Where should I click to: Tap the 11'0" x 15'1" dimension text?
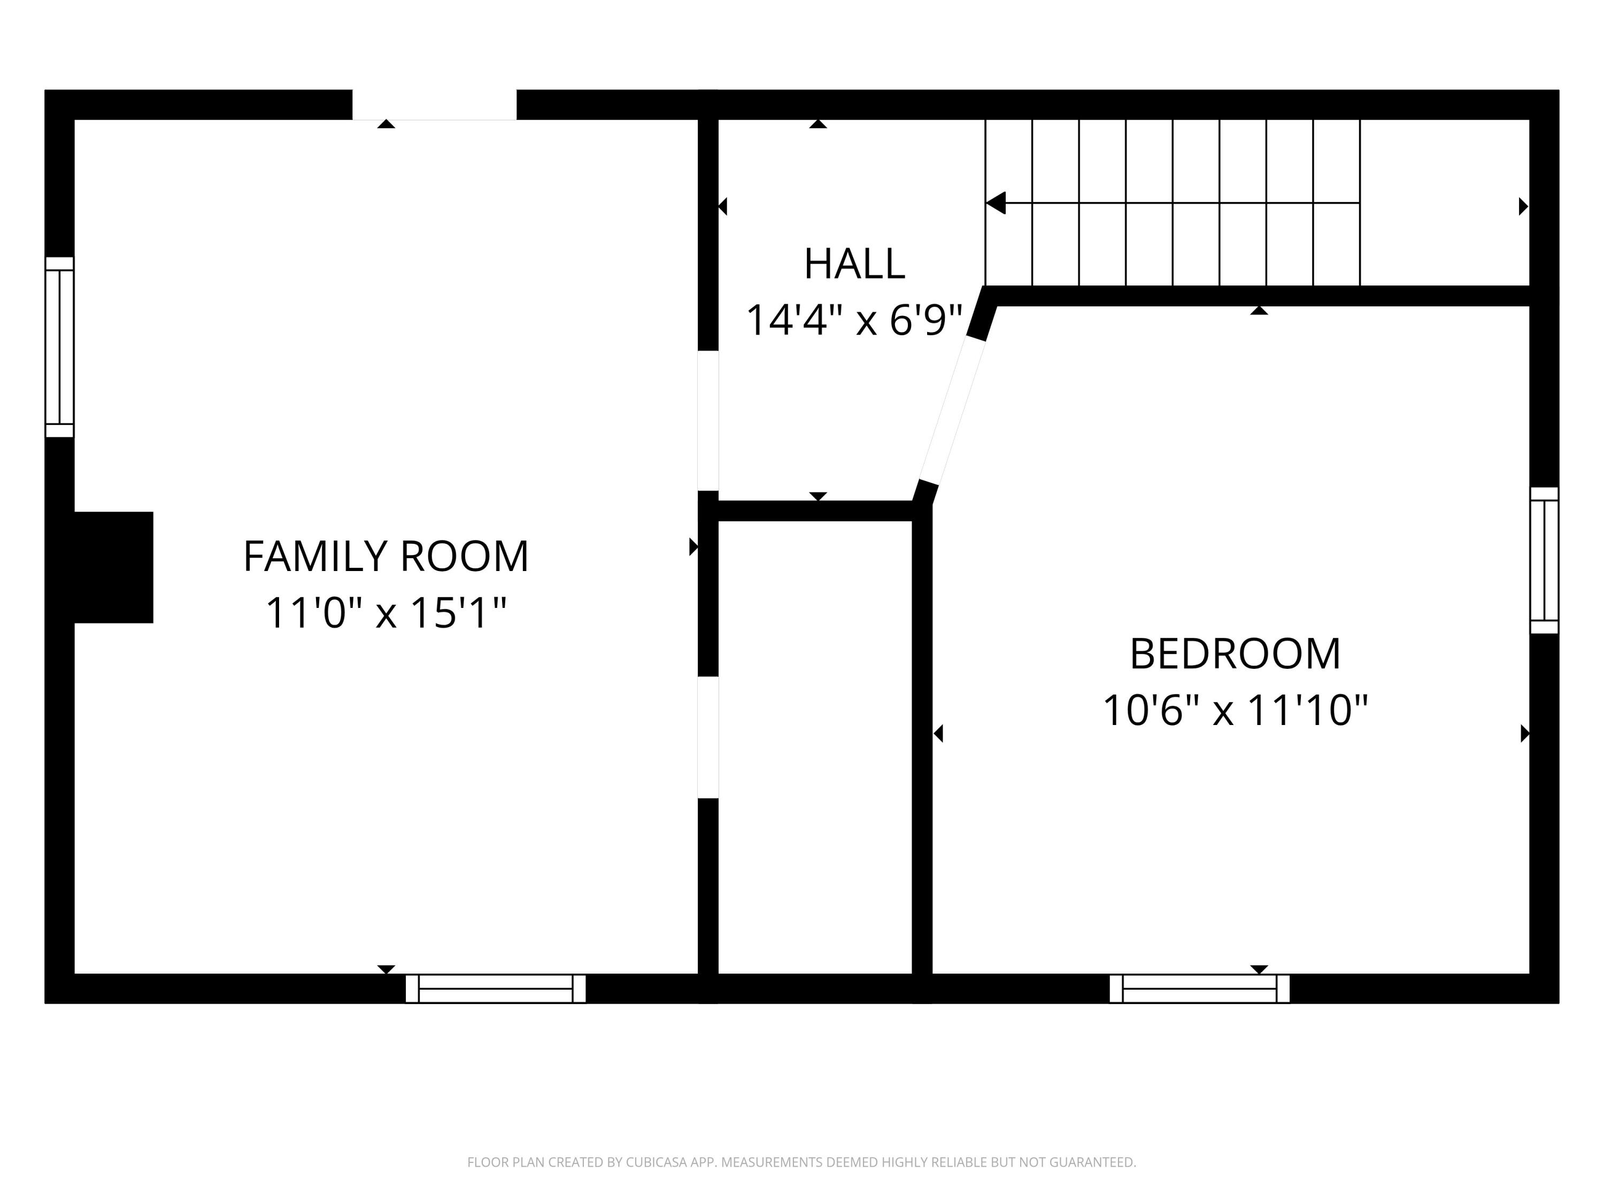click(x=386, y=613)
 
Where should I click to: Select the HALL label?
click(x=854, y=264)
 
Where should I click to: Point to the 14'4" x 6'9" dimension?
click(x=854, y=320)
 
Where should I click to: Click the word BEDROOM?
click(x=1235, y=653)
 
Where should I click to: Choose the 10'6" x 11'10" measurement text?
click(x=1235, y=710)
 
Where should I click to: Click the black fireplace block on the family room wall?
click(x=113, y=567)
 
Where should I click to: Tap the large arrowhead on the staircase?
click(x=996, y=203)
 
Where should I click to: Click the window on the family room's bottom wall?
click(x=495, y=989)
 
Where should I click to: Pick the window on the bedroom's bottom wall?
click(x=1199, y=989)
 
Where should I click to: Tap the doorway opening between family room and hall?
click(x=708, y=421)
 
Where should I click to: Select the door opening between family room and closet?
click(x=708, y=737)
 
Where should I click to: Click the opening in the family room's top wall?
click(x=434, y=105)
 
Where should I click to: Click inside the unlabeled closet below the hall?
click(x=814, y=747)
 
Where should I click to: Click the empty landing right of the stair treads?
click(x=1443, y=203)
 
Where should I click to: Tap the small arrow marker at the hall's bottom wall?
click(x=818, y=496)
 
